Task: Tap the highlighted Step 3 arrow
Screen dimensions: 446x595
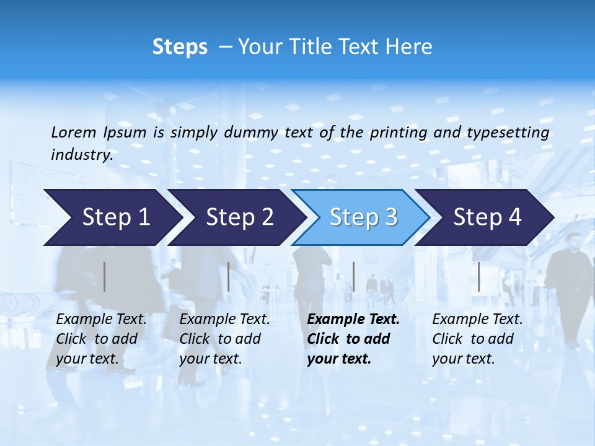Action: (363, 217)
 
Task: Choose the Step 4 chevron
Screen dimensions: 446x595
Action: (487, 217)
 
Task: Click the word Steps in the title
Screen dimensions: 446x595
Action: (180, 47)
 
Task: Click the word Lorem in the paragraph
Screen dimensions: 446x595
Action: (73, 132)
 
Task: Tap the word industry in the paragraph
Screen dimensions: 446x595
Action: (81, 154)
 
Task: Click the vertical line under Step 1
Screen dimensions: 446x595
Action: (105, 276)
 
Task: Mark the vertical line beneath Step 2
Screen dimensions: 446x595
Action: (229, 276)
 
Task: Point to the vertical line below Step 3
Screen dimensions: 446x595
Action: (353, 276)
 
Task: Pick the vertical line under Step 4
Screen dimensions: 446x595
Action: (478, 276)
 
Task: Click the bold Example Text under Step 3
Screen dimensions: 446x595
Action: (353, 320)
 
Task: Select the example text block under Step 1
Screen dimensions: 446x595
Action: (101, 339)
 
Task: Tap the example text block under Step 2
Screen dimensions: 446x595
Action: (224, 339)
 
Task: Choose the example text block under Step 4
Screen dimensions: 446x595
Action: (477, 339)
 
